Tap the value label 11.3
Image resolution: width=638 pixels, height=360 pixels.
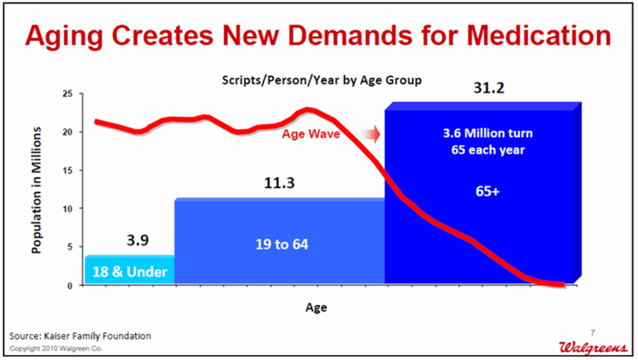279,184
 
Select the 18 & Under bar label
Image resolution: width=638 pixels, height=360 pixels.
130,272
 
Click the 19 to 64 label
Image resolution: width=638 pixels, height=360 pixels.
282,244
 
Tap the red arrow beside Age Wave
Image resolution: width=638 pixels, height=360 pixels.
371,133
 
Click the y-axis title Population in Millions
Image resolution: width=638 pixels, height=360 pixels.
37,189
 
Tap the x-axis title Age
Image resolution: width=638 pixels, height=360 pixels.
316,307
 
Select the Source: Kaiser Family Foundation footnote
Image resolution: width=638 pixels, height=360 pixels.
80,336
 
